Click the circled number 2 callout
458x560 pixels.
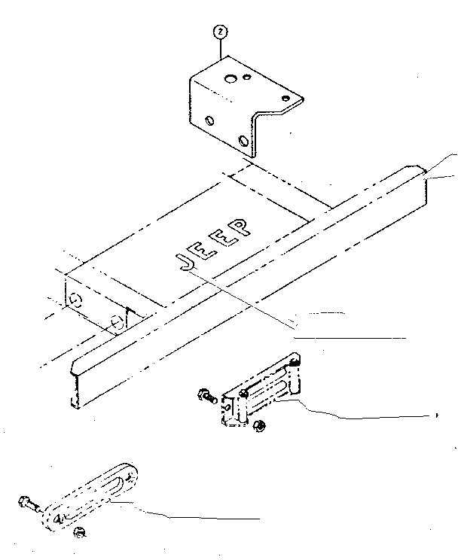220,32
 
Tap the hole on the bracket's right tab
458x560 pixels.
285,97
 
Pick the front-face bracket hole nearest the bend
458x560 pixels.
243,140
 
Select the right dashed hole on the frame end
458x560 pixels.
117,323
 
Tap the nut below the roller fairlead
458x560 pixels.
258,427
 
